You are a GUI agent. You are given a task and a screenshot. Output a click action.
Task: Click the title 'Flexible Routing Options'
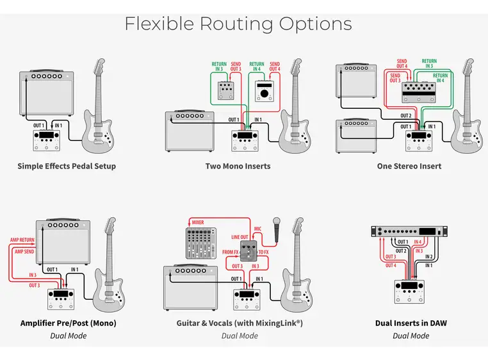click(x=238, y=24)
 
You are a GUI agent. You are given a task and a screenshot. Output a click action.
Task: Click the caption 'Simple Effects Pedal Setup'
click(x=67, y=166)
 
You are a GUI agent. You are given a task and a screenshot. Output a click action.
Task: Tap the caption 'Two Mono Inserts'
click(x=238, y=166)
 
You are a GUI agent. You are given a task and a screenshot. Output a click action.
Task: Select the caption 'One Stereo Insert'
click(x=409, y=166)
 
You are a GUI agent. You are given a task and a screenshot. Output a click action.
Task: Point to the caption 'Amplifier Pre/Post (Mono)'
click(x=68, y=323)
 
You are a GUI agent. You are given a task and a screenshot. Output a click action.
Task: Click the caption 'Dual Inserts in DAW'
click(x=411, y=323)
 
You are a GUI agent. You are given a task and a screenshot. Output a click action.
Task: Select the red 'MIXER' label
click(x=197, y=223)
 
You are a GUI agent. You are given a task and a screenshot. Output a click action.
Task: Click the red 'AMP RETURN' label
click(x=21, y=240)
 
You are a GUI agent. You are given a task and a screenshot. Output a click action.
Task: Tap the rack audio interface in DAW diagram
click(x=411, y=232)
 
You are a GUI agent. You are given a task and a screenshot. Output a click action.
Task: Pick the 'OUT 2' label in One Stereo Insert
click(x=405, y=116)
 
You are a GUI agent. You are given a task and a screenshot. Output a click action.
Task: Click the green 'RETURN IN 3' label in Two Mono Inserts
click(x=219, y=67)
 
